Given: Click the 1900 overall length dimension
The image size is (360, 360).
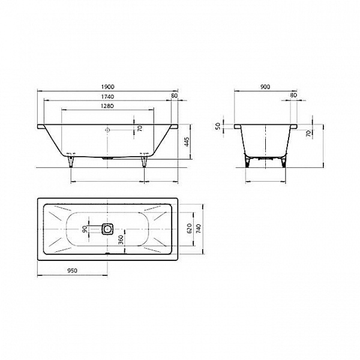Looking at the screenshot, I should (x=108, y=86).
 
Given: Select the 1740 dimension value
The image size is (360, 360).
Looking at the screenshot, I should (x=108, y=96).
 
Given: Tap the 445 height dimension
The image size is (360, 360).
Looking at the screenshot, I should (x=187, y=142).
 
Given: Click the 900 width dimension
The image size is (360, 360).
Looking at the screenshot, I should (x=265, y=86).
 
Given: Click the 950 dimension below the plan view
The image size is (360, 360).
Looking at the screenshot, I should (x=73, y=271).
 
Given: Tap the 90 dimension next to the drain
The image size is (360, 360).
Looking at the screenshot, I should (x=86, y=228).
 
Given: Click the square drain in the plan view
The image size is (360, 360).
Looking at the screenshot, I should (x=108, y=228).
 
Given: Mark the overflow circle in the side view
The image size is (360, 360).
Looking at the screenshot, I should (x=108, y=130).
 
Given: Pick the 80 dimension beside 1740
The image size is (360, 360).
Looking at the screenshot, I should (x=174, y=96).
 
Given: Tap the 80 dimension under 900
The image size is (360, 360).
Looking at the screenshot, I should (x=293, y=96).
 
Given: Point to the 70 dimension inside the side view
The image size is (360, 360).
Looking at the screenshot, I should (x=140, y=128).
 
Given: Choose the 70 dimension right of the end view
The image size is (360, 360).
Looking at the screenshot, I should (x=308, y=133).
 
